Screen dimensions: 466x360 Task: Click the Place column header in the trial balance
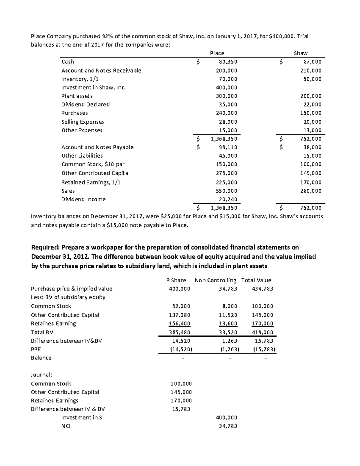click(x=217, y=53)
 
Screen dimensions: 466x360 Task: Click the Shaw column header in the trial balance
click(x=301, y=53)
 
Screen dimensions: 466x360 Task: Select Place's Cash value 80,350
click(x=228, y=62)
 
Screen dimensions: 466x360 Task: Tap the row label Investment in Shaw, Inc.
click(x=93, y=88)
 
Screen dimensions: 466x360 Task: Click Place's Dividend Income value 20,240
click(x=228, y=200)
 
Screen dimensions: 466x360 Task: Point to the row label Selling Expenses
click(x=82, y=122)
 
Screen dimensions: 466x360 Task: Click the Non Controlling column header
click(x=215, y=280)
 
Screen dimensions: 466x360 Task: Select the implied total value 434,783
click(x=263, y=289)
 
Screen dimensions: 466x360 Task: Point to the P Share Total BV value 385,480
click(x=179, y=332)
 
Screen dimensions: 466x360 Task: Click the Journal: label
click(x=41, y=375)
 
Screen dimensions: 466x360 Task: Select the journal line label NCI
click(x=65, y=426)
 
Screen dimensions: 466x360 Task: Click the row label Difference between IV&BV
click(x=66, y=341)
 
